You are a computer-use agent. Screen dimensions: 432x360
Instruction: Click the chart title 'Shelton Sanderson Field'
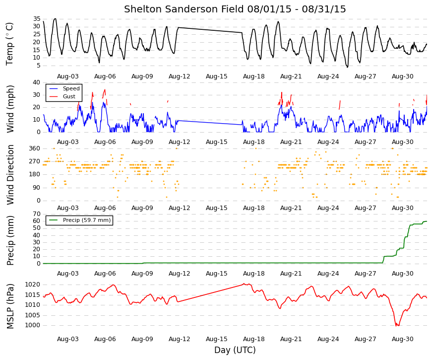(184, 9)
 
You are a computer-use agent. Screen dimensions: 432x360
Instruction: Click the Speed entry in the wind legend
(71, 88)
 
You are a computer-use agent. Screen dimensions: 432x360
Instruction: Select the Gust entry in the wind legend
(69, 96)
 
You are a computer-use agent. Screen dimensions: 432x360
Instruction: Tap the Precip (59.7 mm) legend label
(87, 220)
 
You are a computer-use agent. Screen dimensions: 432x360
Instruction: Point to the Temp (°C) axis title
(9, 44)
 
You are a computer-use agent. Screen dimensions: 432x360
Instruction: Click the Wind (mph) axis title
(10, 109)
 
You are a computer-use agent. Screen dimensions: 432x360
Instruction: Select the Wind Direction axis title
(10, 175)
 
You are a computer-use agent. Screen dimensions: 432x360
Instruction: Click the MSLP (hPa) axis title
(10, 306)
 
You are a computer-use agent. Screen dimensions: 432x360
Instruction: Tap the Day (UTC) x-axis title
(235, 350)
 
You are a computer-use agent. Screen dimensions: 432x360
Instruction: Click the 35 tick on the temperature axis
(37, 19)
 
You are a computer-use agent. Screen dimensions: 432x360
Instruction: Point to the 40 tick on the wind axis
(37, 82)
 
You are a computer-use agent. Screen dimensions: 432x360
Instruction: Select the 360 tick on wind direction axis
(35, 148)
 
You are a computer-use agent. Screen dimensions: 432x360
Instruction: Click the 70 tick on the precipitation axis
(37, 214)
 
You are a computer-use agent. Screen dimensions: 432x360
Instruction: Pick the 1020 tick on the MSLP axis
(33, 285)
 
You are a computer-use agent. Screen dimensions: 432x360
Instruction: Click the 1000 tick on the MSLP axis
(33, 325)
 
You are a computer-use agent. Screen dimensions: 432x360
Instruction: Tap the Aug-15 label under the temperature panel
(217, 76)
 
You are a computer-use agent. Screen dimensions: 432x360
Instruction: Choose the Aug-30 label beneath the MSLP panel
(403, 339)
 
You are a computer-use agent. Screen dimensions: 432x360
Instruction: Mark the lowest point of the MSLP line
(396, 326)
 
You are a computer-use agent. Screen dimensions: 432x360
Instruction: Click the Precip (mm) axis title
(10, 240)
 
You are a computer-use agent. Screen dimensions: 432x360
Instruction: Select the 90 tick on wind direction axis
(37, 188)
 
